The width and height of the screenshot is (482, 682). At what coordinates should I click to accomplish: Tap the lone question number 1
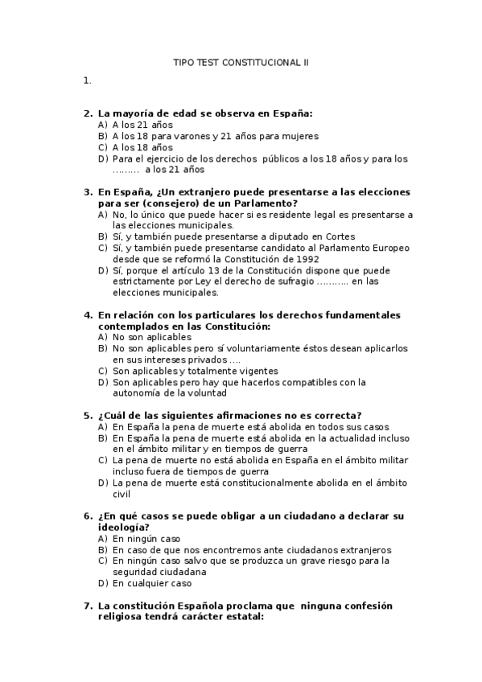[x=85, y=80]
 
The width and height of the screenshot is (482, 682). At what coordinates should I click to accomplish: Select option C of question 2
[x=102, y=147]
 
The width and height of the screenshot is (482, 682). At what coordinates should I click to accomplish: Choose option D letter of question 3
[x=102, y=270]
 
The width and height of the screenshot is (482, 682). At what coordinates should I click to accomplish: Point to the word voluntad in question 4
[x=208, y=393]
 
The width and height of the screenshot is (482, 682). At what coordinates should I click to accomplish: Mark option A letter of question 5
[x=102, y=426]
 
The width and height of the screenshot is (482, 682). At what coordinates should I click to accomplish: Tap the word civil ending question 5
[x=121, y=494]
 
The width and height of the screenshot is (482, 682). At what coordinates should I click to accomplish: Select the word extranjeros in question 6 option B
[x=364, y=550]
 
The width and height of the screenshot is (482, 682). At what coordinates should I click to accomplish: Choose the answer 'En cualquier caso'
[x=153, y=583]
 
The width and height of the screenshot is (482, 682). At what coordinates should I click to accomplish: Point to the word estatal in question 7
[x=241, y=616]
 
